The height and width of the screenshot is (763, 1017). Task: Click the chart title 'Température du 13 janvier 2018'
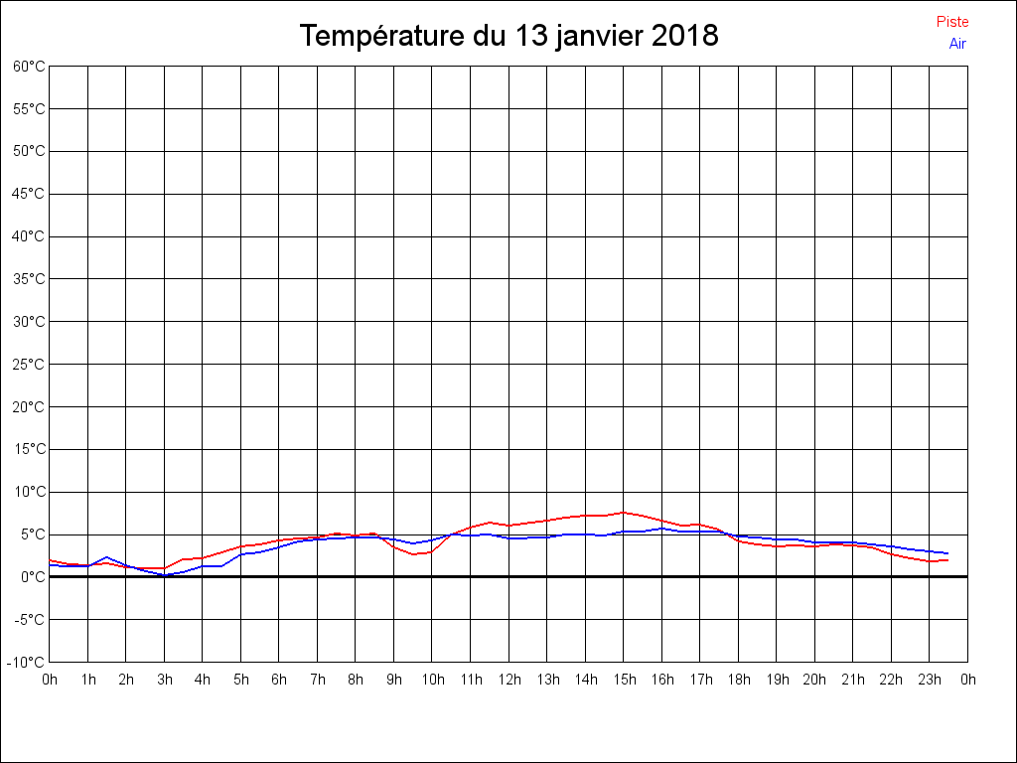point(508,36)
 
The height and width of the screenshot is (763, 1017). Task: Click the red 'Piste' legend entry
point(952,22)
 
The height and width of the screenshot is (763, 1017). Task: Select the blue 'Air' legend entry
point(957,44)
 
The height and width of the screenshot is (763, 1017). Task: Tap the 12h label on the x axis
point(509,680)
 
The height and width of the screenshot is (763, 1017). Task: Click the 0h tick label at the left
point(50,680)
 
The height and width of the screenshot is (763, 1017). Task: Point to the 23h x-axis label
point(930,680)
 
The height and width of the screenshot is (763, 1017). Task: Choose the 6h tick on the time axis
point(279,680)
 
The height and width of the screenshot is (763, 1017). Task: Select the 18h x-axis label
point(739,680)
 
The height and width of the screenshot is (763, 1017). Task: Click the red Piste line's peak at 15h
point(624,513)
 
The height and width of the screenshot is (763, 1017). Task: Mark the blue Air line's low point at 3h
point(165,574)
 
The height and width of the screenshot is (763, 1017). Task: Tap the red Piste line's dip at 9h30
point(413,553)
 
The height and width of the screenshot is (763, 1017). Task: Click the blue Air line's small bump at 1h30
point(107,557)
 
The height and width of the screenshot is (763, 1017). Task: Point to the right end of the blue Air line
point(948,553)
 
